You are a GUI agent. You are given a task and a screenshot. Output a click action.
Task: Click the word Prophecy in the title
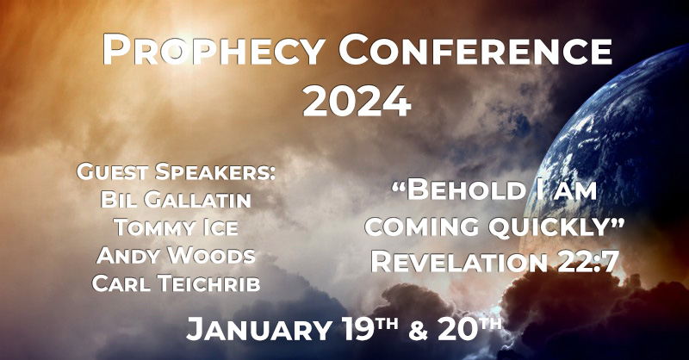coord(213,50)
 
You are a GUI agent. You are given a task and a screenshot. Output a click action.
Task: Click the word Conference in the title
coord(475,50)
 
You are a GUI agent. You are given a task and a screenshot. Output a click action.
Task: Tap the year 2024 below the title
coord(357,101)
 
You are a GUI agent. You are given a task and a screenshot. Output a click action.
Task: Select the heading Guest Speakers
coord(177,171)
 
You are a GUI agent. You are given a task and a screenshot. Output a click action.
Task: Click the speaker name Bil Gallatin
coord(176,200)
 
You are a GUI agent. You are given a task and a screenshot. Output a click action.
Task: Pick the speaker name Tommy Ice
coord(176,227)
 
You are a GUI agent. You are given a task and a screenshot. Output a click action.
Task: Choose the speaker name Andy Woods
coord(176,256)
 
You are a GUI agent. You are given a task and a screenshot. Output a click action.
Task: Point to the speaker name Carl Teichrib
coord(176,283)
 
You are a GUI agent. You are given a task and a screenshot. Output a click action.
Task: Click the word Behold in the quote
coord(463,189)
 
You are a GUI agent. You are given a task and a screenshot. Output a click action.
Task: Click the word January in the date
coord(259,329)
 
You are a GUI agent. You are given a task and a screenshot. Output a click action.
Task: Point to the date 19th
coord(370,329)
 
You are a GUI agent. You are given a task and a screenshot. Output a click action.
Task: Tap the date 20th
coord(469,329)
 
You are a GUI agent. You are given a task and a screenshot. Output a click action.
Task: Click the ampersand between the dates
coord(418,331)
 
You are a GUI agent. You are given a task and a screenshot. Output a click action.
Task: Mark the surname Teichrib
coord(209,283)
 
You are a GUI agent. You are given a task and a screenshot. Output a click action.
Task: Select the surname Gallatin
coord(198,200)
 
